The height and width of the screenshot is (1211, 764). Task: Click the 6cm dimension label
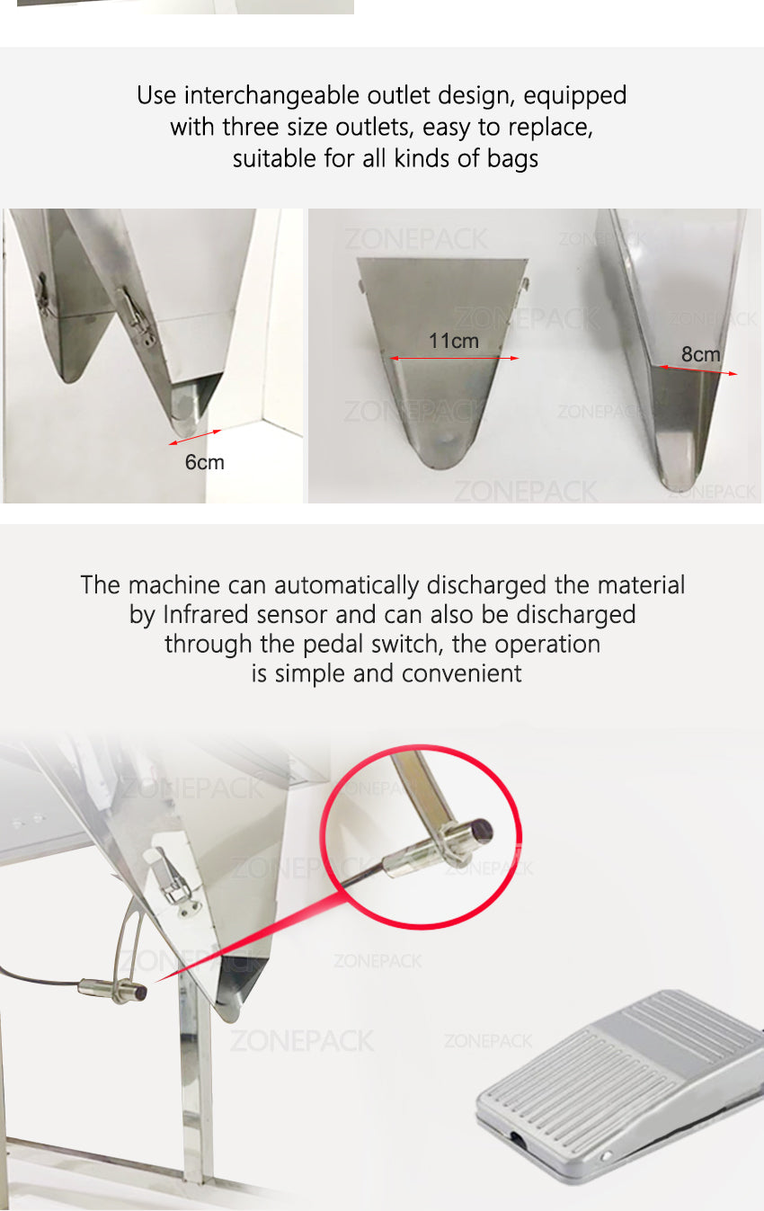point(204,462)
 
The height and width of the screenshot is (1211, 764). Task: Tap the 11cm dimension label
point(453,341)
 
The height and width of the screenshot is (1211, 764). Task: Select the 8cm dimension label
point(700,354)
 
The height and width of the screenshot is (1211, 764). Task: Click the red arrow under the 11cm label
point(454,358)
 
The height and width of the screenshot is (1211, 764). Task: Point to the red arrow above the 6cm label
point(195,438)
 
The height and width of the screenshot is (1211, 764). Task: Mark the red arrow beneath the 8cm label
point(697,370)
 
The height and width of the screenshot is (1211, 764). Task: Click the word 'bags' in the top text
point(512,159)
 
